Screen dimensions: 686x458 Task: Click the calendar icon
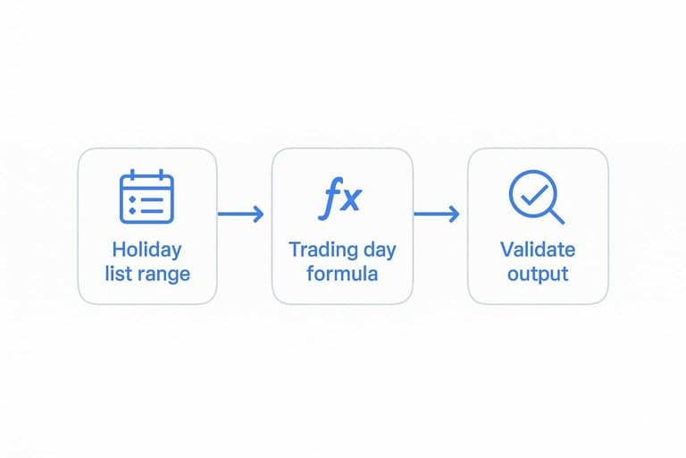click(146, 196)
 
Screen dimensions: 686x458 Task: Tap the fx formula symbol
click(340, 198)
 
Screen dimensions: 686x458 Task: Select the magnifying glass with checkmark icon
click(536, 197)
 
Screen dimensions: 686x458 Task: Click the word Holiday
click(146, 250)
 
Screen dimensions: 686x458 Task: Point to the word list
click(117, 274)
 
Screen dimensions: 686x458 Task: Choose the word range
click(163, 276)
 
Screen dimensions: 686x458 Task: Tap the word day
click(380, 250)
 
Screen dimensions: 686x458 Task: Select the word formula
click(342, 274)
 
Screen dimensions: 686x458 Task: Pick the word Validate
click(538, 250)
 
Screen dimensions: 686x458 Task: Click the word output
click(538, 275)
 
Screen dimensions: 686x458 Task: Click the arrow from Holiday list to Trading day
click(240, 214)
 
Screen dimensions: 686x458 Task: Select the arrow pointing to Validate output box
click(437, 214)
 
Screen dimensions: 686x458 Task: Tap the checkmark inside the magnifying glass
click(535, 195)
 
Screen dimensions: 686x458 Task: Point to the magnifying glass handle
click(556, 216)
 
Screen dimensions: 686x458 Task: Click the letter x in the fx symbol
click(350, 199)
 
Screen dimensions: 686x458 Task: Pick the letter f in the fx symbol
click(329, 198)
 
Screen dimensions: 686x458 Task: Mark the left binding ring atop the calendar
click(132, 174)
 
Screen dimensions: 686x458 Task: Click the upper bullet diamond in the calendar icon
click(132, 199)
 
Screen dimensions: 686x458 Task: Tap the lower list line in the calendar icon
click(152, 211)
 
